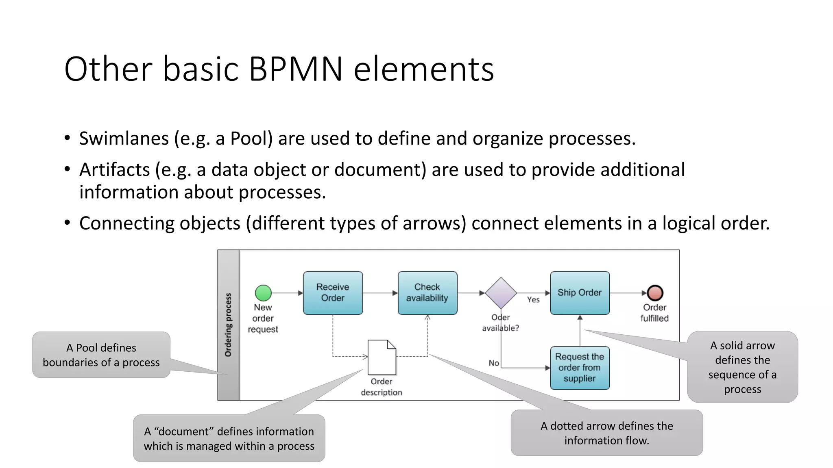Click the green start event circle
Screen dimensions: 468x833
[263, 292]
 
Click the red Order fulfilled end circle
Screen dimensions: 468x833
[655, 292]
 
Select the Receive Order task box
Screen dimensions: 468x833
[333, 292]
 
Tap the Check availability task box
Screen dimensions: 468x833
[427, 292]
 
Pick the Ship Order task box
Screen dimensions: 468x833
[580, 292]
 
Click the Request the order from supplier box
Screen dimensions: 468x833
[580, 368]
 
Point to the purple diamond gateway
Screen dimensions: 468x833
[501, 292]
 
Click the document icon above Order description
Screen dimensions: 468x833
[382, 357]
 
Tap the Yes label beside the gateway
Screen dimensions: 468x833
[533, 300]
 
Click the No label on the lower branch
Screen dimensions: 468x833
[494, 363]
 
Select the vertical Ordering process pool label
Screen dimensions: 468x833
[228, 325]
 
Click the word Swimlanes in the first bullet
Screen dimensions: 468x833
[124, 139]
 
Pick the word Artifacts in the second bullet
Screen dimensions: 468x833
[114, 170]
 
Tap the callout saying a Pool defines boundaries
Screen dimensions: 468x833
[101, 355]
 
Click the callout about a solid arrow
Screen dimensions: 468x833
[742, 367]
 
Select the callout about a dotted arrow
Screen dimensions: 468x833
[606, 433]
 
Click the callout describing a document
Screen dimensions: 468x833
[229, 438]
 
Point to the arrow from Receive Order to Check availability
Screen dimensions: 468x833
[380, 292]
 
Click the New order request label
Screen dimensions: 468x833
[263, 318]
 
